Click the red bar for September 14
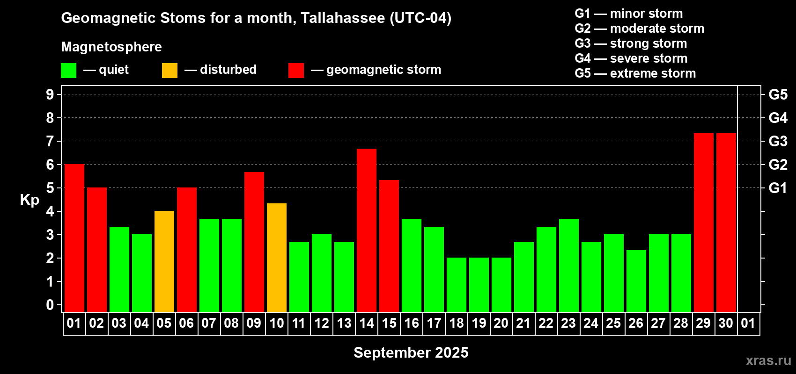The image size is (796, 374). pos(366,230)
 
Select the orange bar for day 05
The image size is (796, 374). pos(164,261)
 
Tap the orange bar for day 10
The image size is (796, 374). pos(276,258)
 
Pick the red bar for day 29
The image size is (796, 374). pos(704,223)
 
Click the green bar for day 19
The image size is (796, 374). pos(479,285)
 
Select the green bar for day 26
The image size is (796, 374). pos(636,281)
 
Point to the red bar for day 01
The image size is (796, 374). pos(74,238)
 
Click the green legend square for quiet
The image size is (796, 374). pos(68,70)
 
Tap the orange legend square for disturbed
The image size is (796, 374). pos(170,70)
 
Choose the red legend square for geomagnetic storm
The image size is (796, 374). pos(296,70)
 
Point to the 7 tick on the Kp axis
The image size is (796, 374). pos(50,141)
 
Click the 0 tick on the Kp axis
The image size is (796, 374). pos(50,305)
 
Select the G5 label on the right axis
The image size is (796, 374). pos(778,95)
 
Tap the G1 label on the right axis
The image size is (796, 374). pos(778,188)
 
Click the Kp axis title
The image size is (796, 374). pos(29,200)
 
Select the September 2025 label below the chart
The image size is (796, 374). pos(411,352)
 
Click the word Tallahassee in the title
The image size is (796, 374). pos(343,18)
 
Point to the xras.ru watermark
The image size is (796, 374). pos(768,360)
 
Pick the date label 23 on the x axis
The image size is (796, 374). pos(568,323)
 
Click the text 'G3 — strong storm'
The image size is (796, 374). pos(631,43)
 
